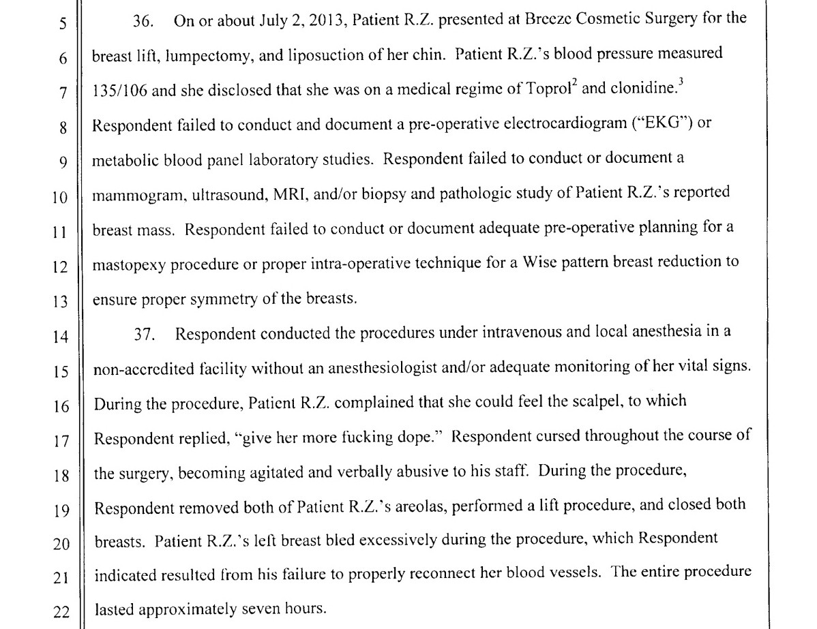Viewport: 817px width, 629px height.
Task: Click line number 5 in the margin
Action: coord(63,25)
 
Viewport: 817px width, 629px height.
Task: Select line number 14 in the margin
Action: coord(61,336)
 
